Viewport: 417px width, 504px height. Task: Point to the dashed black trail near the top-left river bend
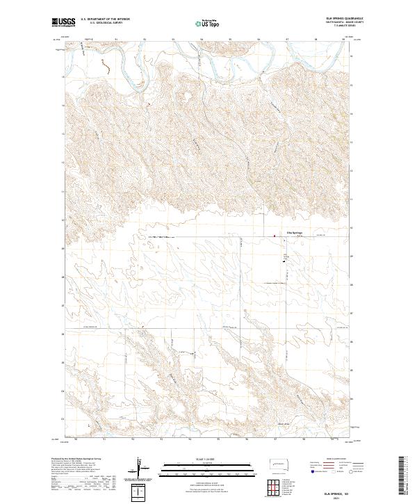pos(104,65)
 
